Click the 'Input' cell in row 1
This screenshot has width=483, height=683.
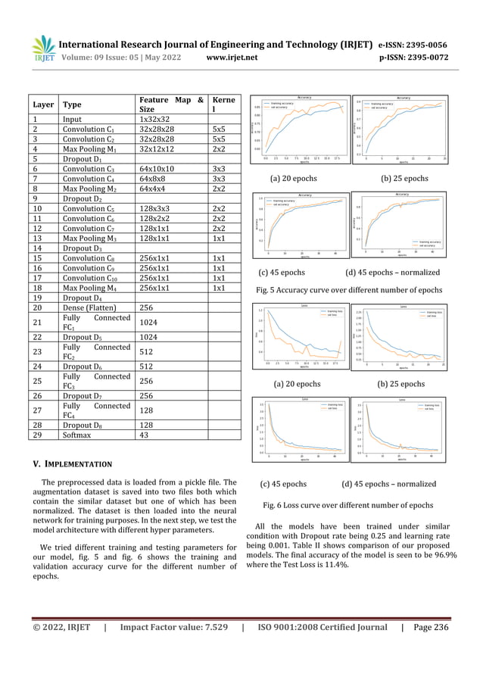click(x=74, y=119)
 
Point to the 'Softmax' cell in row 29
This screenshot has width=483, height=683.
click(x=79, y=435)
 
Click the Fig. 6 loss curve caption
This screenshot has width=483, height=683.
click(x=347, y=504)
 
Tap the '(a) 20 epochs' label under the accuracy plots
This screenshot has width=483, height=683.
click(x=294, y=179)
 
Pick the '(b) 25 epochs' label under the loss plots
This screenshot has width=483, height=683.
click(x=400, y=384)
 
